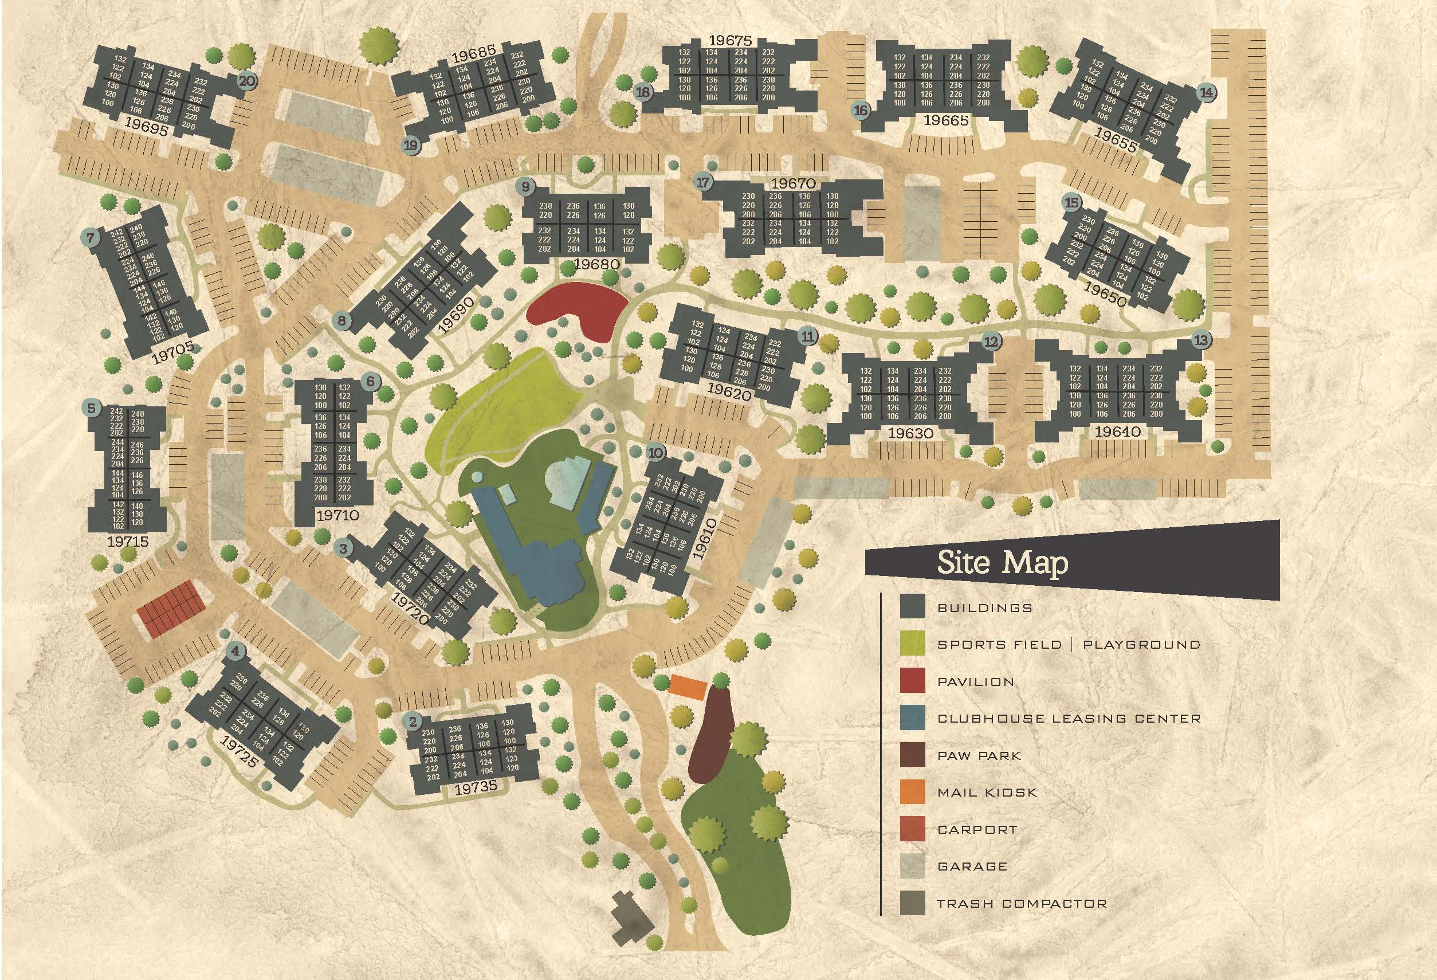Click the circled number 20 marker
(248, 80)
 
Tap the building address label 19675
(731, 41)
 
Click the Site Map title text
(1002, 563)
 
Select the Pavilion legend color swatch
(912, 681)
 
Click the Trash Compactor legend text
(1022, 903)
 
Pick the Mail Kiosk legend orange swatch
(912, 792)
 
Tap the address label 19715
(128, 542)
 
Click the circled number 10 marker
(655, 453)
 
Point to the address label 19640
(1117, 432)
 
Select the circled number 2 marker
(411, 721)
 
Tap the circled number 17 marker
(703, 183)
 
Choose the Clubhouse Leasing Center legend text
(1069, 719)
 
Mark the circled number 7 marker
(91, 237)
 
